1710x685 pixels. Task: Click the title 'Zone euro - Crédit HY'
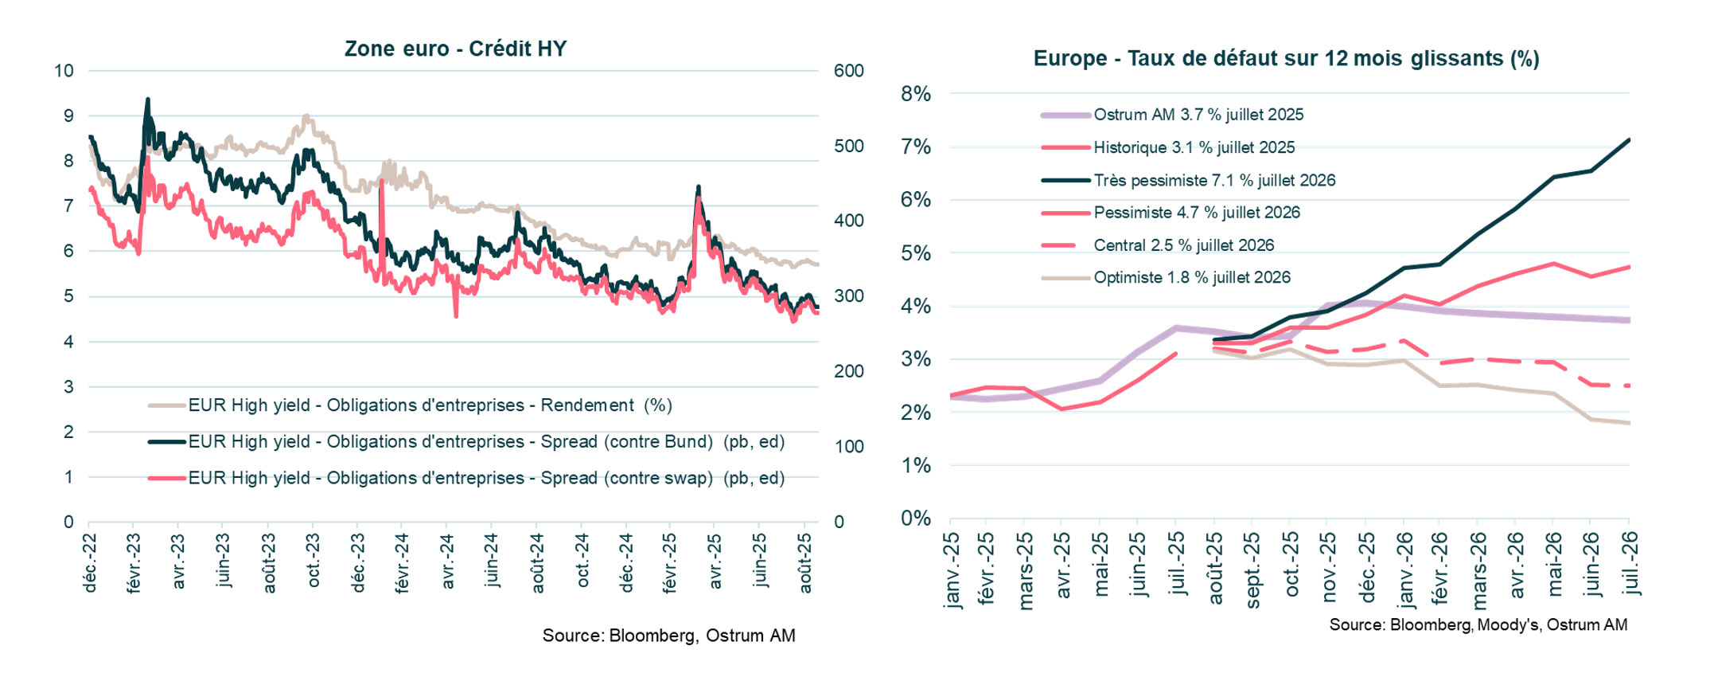[455, 49]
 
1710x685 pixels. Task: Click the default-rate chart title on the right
[1286, 59]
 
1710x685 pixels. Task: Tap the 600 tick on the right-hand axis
[848, 71]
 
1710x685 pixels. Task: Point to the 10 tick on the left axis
[64, 71]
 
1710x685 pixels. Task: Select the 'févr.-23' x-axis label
[134, 563]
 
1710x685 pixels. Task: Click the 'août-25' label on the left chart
[805, 563]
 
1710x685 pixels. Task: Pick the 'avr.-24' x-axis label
[447, 562]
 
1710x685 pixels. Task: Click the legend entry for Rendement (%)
[430, 405]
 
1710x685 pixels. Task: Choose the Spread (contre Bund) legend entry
[486, 442]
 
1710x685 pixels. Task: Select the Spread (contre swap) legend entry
[486, 478]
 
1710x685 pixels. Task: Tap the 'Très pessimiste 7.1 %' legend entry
[1214, 181]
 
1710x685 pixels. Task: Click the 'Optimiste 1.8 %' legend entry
[1192, 278]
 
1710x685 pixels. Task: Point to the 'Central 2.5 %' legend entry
[1183, 245]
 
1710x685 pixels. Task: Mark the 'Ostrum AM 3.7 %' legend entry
[1198, 115]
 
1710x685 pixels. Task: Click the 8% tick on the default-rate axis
[915, 94]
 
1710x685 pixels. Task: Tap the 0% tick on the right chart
[915, 519]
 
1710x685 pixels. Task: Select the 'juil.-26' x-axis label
[1630, 563]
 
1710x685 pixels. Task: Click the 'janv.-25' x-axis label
[952, 570]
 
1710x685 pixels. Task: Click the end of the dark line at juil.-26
[1629, 140]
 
